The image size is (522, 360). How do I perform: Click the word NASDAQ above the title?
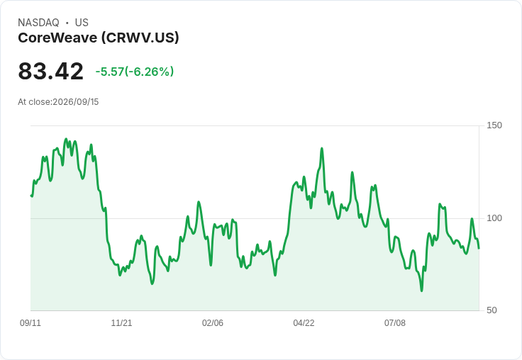(x=38, y=23)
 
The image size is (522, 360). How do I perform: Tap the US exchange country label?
(x=82, y=23)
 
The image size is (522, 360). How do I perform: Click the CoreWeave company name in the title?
(x=57, y=38)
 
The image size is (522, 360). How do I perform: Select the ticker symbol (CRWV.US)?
(x=140, y=38)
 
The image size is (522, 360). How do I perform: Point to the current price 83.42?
(x=50, y=71)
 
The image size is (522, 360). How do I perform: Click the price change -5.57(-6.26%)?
(x=135, y=72)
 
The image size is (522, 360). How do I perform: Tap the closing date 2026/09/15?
(x=76, y=102)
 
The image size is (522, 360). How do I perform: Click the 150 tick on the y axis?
(x=494, y=125)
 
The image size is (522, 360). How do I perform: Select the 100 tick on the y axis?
(x=494, y=218)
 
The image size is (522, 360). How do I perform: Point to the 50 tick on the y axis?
(x=492, y=310)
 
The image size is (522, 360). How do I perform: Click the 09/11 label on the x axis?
(x=30, y=322)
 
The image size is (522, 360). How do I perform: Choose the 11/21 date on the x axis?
(x=121, y=322)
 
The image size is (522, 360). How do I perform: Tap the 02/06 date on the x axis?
(x=212, y=322)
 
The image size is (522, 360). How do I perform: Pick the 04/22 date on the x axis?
(x=304, y=322)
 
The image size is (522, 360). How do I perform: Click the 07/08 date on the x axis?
(x=395, y=322)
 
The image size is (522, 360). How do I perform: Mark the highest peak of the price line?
(x=66, y=139)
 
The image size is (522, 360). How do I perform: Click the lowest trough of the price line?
(x=421, y=291)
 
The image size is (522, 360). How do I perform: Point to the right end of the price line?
(x=479, y=248)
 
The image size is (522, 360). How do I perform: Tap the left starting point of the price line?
(x=31, y=196)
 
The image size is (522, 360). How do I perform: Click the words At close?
(x=34, y=102)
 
